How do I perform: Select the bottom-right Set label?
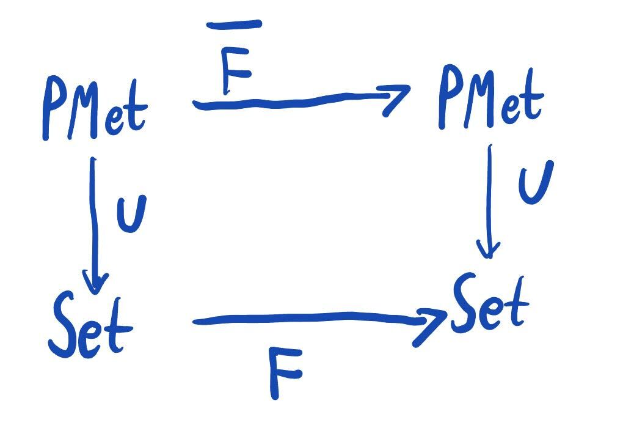(x=489, y=304)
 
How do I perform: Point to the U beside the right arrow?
(x=535, y=182)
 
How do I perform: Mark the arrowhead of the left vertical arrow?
(x=95, y=283)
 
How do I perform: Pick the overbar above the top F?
(x=234, y=25)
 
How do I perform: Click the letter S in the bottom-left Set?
(x=62, y=324)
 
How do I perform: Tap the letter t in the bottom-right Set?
(x=516, y=306)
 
